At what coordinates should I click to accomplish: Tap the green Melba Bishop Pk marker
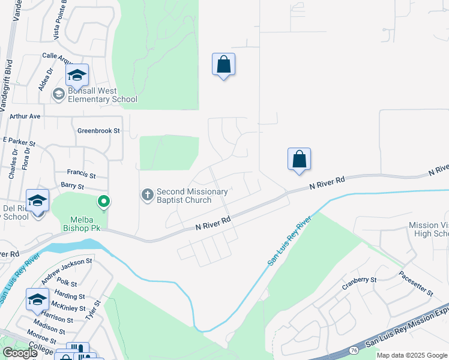click(x=104, y=202)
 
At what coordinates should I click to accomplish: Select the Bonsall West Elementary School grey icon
click(x=59, y=94)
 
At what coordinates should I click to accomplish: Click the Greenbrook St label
click(x=99, y=130)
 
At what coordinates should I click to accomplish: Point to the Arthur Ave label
click(x=25, y=116)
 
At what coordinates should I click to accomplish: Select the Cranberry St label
click(x=360, y=280)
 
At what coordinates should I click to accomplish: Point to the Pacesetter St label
click(x=416, y=283)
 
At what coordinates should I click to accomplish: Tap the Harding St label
click(x=70, y=296)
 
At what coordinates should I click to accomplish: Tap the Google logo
click(x=19, y=353)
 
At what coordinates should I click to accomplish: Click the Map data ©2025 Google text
click(x=411, y=355)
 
